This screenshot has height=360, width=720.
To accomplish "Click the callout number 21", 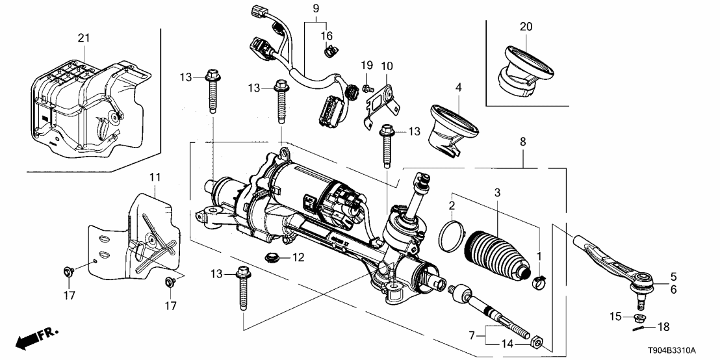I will pos(83,38).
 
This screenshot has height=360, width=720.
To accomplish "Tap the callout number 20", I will pos(526,27).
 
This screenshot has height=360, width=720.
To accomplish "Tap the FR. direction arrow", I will pos(36,339).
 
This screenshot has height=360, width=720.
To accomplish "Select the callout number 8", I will pos(524,140).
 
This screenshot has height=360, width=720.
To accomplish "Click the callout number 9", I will pos(316,8).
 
